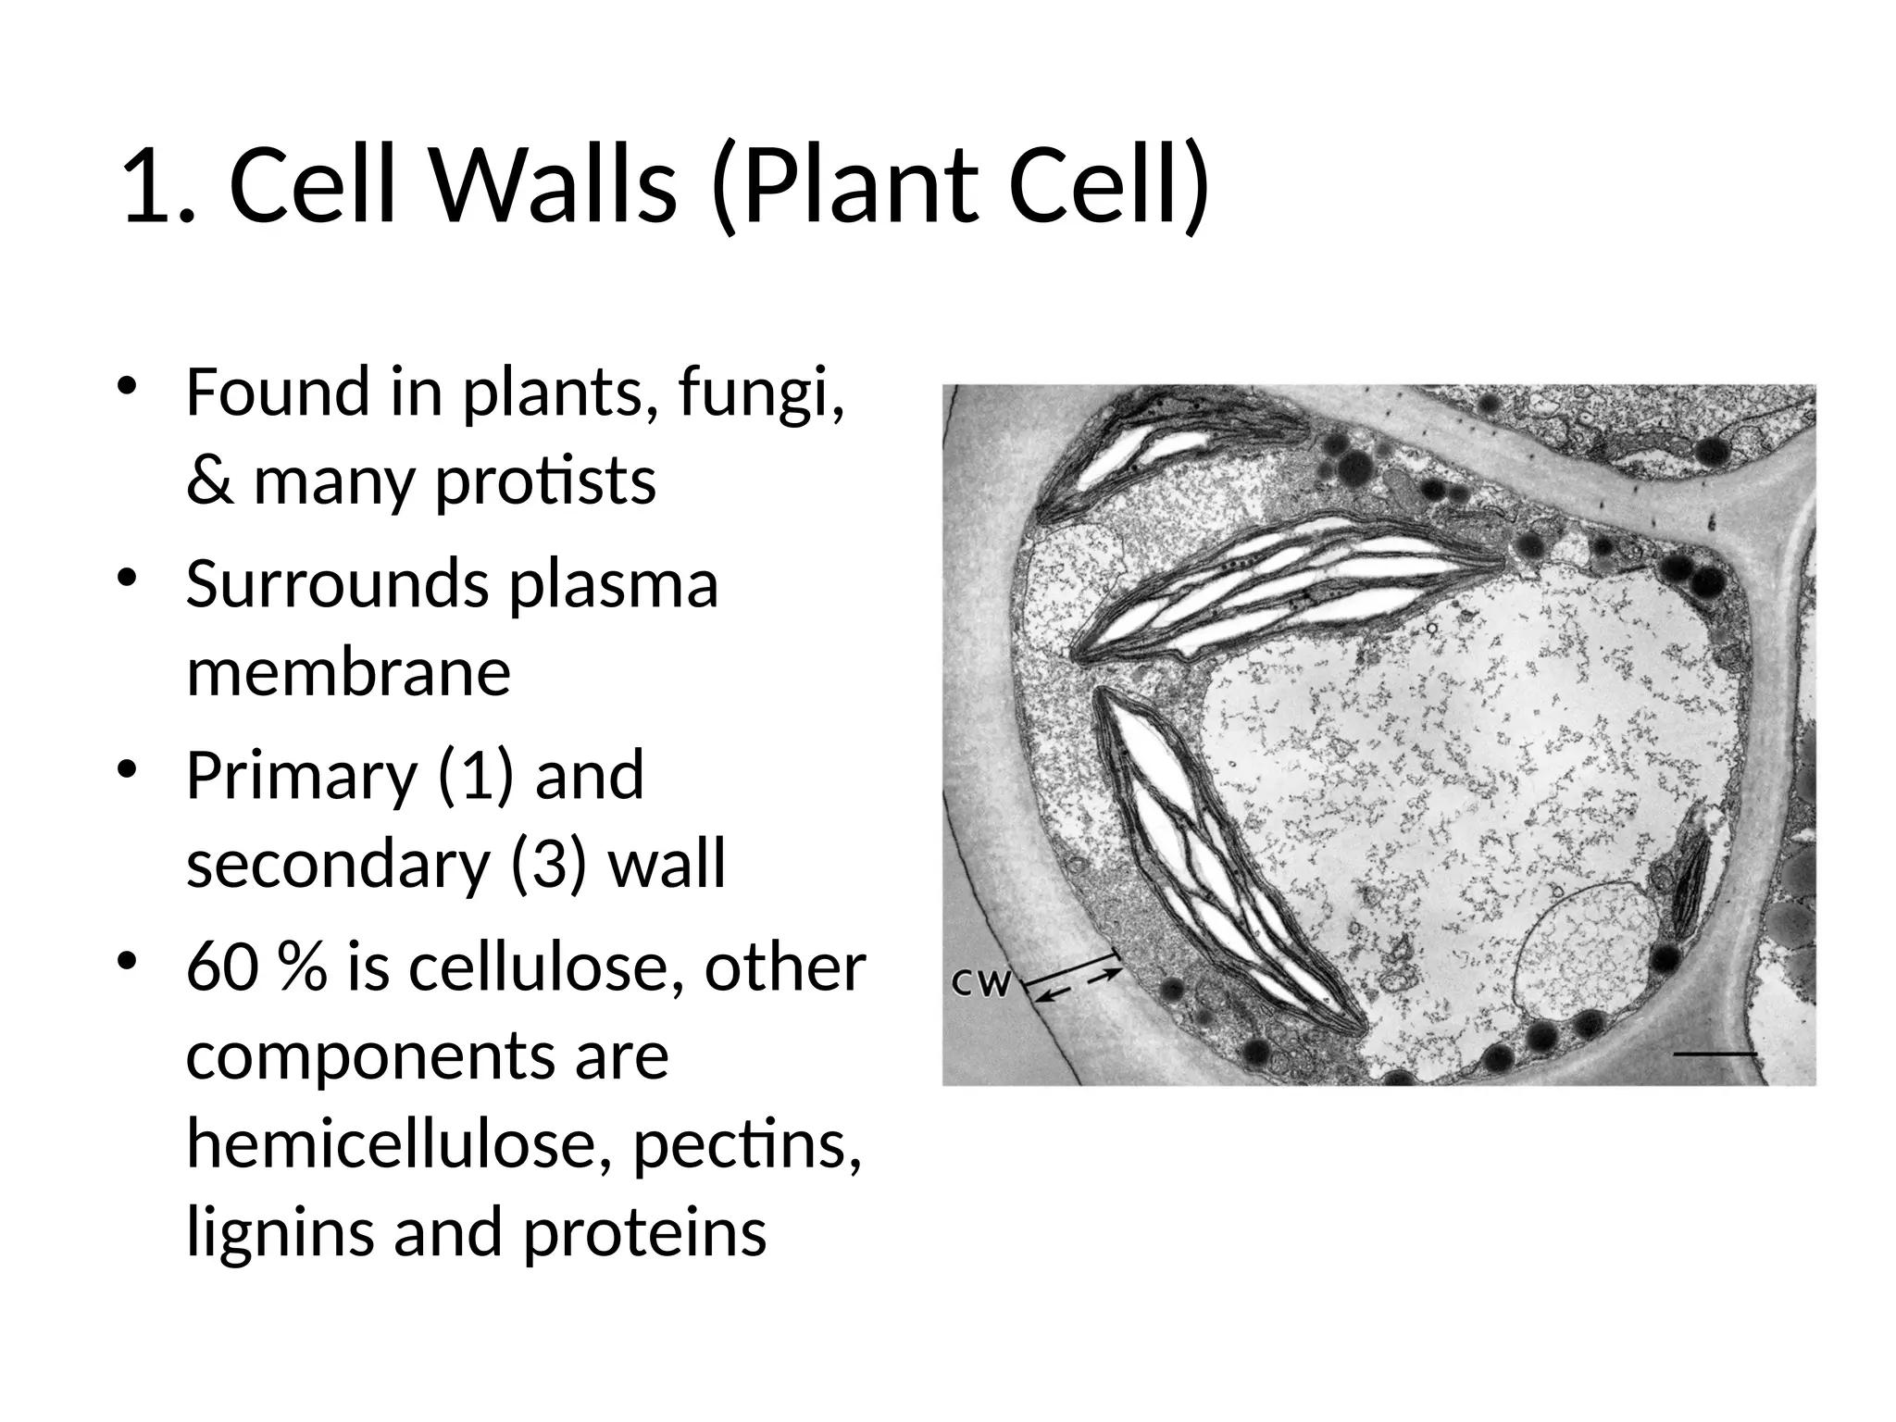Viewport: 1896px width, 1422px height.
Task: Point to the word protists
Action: [545, 481]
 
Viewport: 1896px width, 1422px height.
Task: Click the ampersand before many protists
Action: [209, 481]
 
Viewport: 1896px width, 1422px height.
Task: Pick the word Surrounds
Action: [337, 585]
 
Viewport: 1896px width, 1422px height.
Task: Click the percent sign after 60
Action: [301, 967]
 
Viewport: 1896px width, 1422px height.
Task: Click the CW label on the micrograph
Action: [981, 983]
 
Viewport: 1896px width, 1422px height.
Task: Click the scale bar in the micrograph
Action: [1715, 1054]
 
